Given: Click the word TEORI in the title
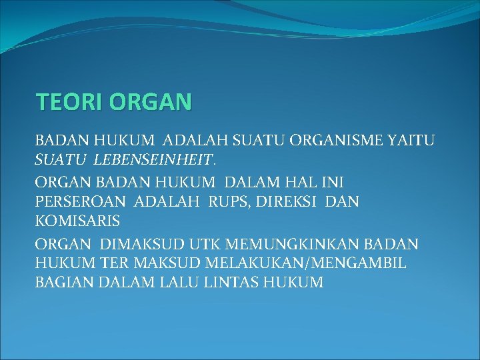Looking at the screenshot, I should (x=68, y=102).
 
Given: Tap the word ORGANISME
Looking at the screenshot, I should (x=337, y=141).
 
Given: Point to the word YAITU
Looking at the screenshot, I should (x=411, y=141).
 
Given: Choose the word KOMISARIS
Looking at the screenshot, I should (x=77, y=219).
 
